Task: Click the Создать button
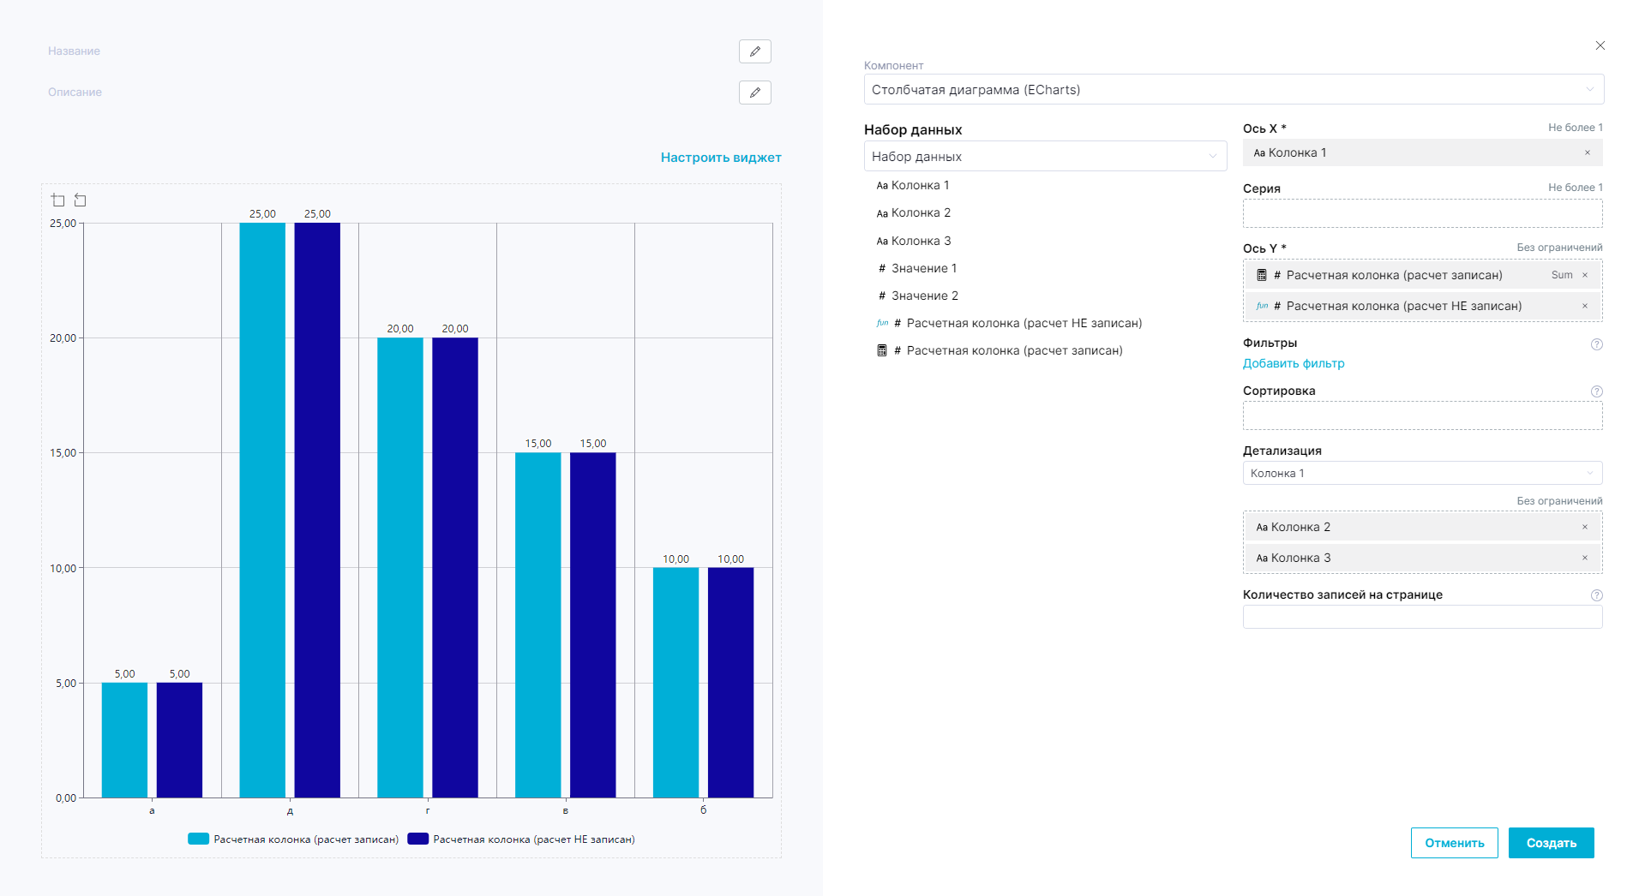1551,843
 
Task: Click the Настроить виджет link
720,158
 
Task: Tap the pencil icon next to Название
754,51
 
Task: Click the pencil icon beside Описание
754,93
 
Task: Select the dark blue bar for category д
317,510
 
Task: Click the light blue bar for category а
124,740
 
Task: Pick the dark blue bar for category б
730,682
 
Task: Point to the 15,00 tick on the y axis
63,453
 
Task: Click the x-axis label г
428,810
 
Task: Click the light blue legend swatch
198,839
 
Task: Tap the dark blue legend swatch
417,839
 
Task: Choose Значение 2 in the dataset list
924,296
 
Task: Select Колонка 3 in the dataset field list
921,241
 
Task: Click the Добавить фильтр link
1293,363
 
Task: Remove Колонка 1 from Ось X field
1587,153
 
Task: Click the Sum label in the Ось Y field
1561,275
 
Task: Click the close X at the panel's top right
1600,45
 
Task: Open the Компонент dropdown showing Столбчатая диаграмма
1233,90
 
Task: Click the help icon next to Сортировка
1596,391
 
